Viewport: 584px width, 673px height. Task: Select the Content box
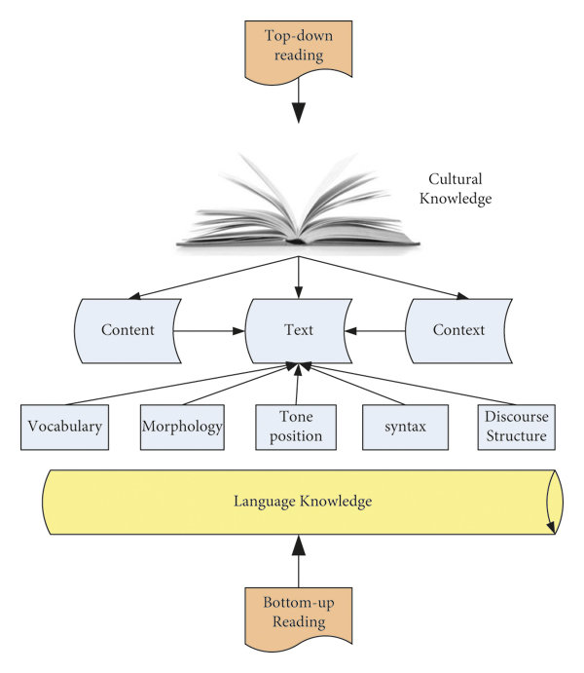tap(128, 330)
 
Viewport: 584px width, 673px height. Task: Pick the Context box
tap(458, 330)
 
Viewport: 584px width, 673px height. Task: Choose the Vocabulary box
tap(65, 426)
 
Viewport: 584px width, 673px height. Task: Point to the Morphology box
tap(182, 426)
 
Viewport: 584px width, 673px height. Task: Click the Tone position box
tap(288, 426)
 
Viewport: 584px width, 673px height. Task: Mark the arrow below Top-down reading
tap(299, 102)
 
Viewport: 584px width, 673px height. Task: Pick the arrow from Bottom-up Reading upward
tap(299, 558)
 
